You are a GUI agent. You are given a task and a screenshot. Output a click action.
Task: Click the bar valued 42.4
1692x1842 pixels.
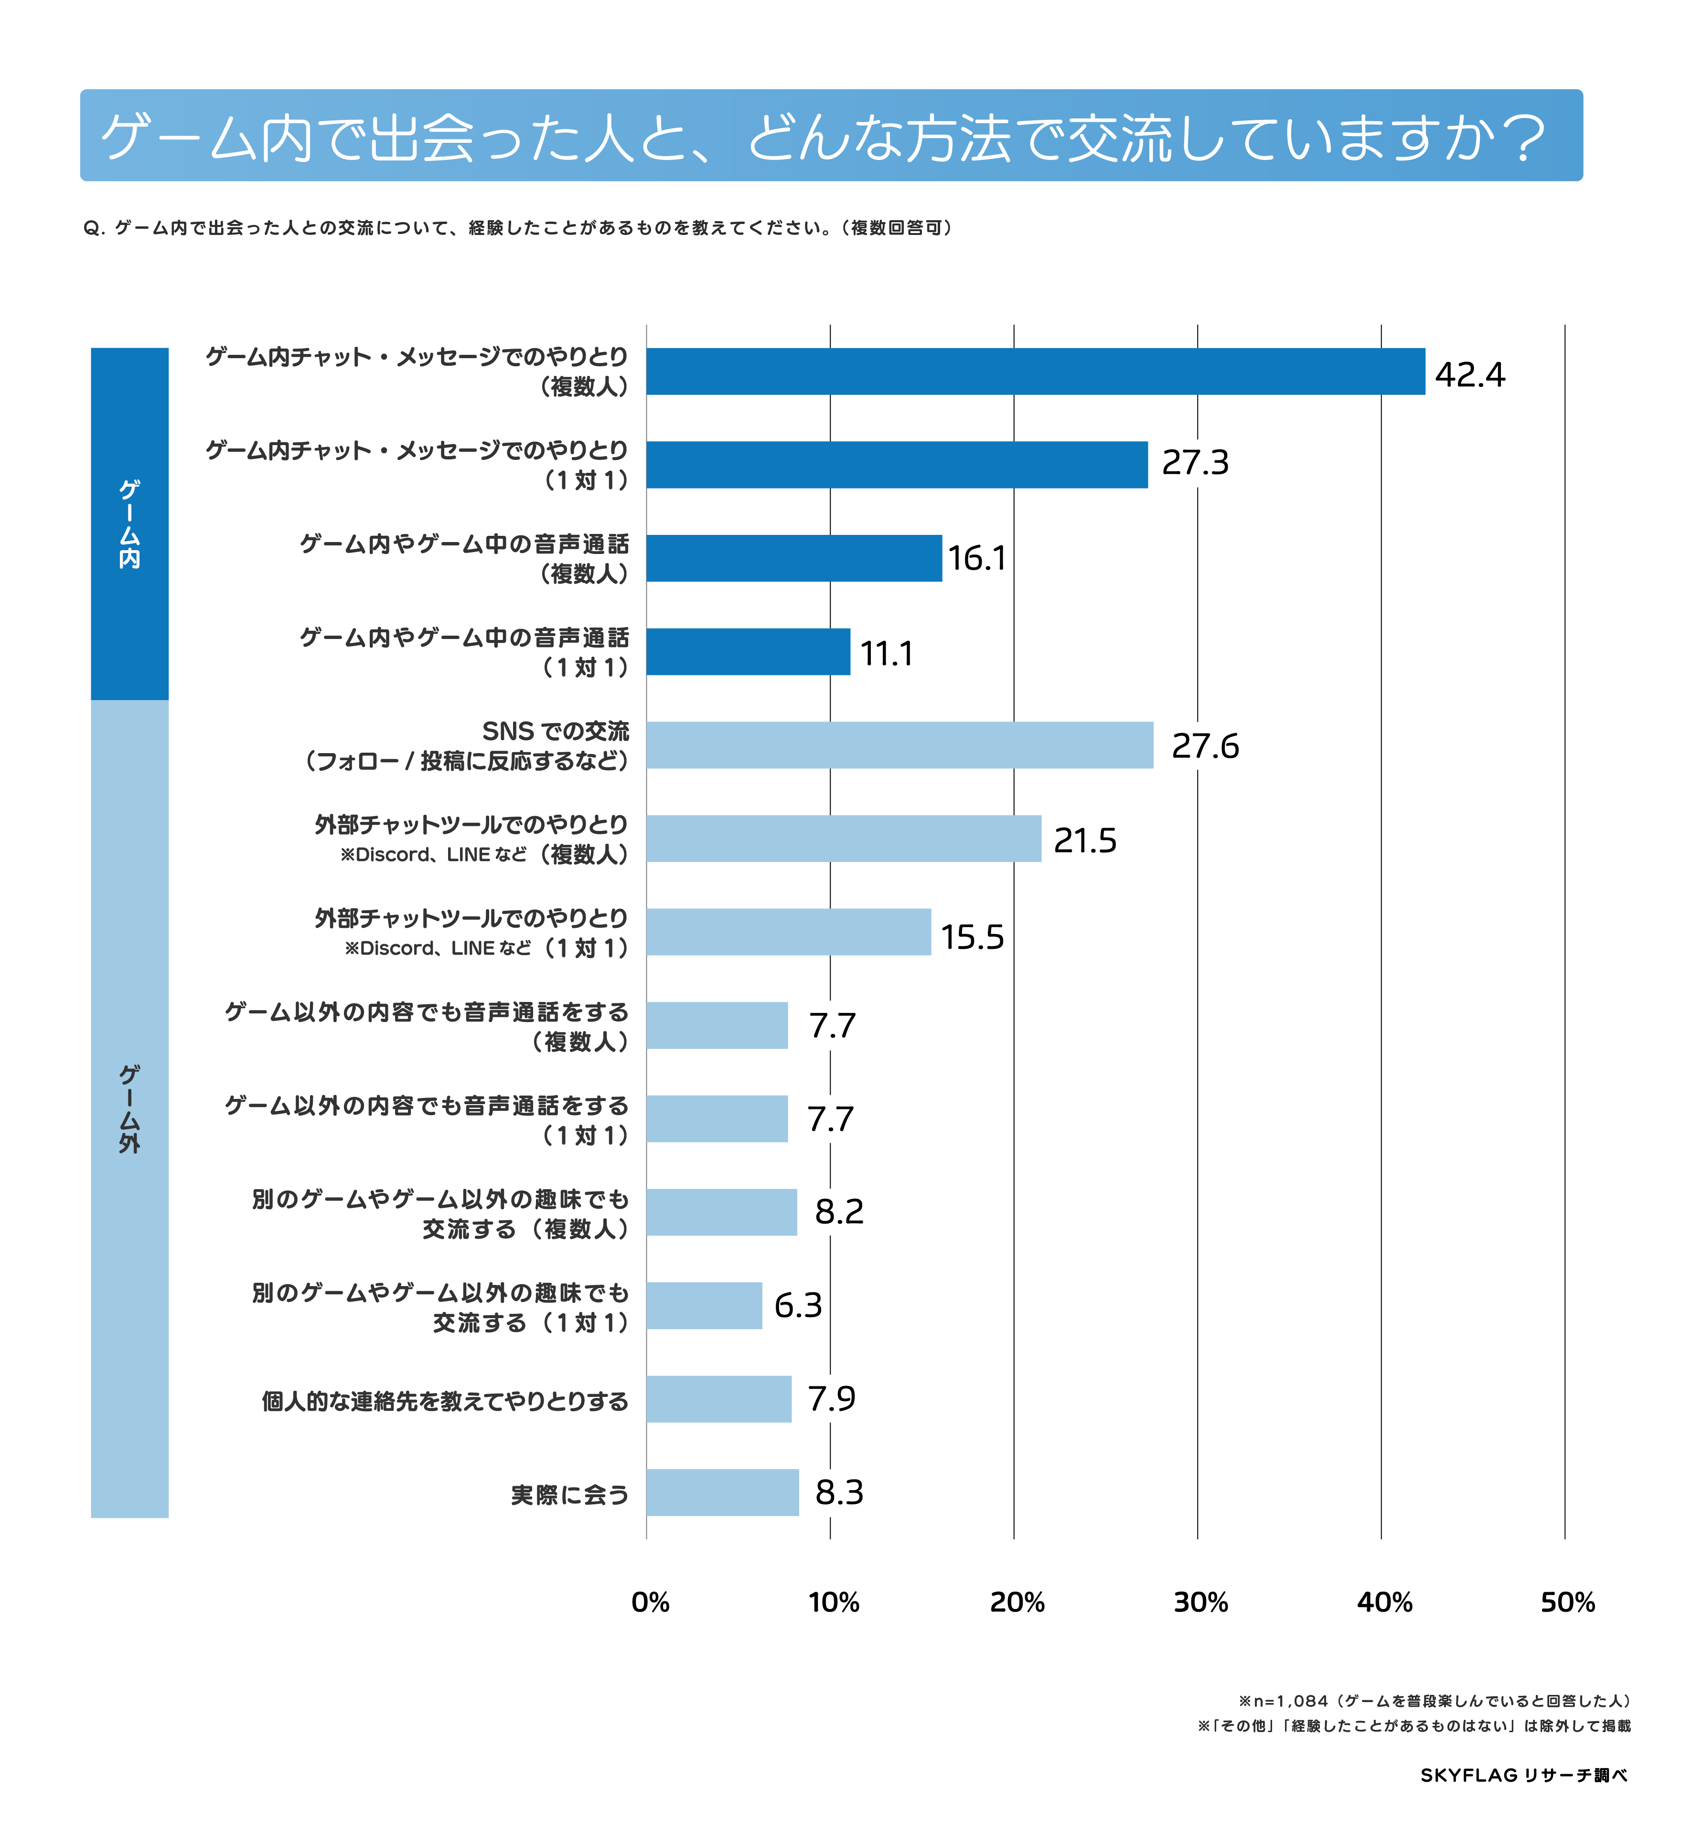pyautogui.click(x=1035, y=372)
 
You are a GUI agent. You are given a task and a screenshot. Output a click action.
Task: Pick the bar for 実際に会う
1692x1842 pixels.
pyautogui.click(x=722, y=1492)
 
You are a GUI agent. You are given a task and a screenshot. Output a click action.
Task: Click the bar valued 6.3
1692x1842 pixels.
pyautogui.click(x=704, y=1306)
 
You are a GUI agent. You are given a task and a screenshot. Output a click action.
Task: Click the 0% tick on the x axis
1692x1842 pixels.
pyautogui.click(x=650, y=1602)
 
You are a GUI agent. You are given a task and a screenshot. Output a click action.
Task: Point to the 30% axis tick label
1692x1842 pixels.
pyautogui.click(x=1200, y=1602)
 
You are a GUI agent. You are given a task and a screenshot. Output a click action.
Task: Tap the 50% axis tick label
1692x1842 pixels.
pyautogui.click(x=1567, y=1602)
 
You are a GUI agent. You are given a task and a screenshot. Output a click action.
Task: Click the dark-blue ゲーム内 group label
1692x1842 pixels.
pyautogui.click(x=129, y=524)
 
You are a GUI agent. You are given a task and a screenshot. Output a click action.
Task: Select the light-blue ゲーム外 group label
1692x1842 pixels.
pyautogui.click(x=129, y=1108)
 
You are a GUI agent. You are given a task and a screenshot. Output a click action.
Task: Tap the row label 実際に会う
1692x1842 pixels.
pyautogui.click(x=569, y=1495)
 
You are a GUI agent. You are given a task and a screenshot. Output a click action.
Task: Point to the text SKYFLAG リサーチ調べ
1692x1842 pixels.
pyautogui.click(x=1523, y=1775)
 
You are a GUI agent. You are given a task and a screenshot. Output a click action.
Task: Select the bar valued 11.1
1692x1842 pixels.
pyautogui.click(x=748, y=652)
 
